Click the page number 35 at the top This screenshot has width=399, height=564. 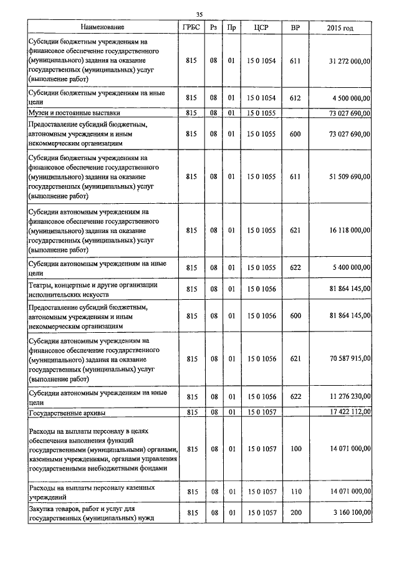(x=199, y=14)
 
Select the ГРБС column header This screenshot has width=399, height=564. (x=191, y=27)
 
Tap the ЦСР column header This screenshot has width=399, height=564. (x=261, y=27)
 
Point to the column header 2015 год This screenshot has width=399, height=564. (x=340, y=27)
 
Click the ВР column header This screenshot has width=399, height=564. (x=295, y=27)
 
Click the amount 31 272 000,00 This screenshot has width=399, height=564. (x=349, y=61)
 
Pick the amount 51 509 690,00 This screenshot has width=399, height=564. (x=349, y=177)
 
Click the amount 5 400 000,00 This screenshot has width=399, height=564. (x=352, y=267)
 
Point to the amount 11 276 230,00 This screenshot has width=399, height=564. (x=349, y=396)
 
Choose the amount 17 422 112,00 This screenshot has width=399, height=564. (x=349, y=412)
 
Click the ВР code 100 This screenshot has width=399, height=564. (x=295, y=449)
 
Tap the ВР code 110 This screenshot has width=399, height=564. (x=295, y=491)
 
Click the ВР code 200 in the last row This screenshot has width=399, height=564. (x=295, y=512)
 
